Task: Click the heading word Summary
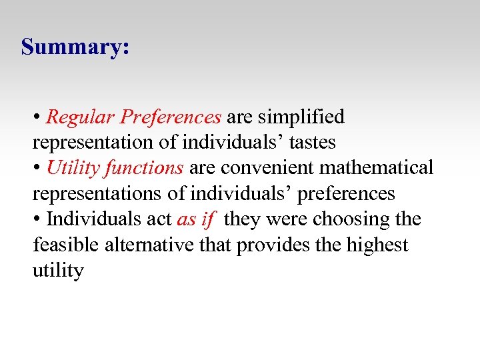(x=73, y=48)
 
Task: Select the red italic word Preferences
(x=171, y=117)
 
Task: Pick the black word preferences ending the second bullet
(x=346, y=194)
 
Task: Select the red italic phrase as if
(x=195, y=219)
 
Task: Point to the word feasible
(x=66, y=245)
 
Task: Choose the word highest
(x=377, y=245)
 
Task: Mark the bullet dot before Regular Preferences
(x=37, y=118)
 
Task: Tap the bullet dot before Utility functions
(x=37, y=169)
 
